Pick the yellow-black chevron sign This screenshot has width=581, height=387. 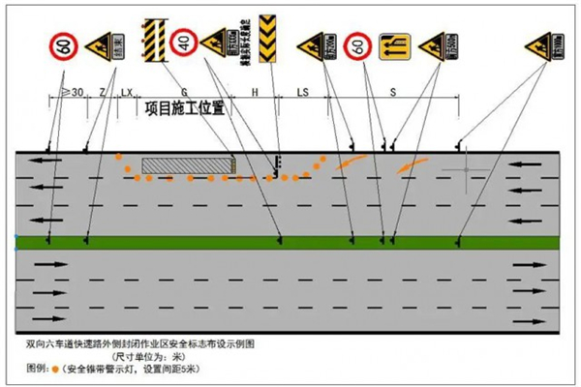pyautogui.click(x=270, y=37)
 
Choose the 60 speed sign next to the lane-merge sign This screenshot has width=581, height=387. pyautogui.click(x=358, y=44)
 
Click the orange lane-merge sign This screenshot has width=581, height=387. pyautogui.click(x=396, y=45)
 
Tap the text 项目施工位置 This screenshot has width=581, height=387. pyautogui.click(x=185, y=107)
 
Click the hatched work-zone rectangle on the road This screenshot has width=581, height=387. pyautogui.click(x=189, y=166)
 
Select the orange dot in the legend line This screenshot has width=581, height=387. pyautogui.click(x=56, y=369)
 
